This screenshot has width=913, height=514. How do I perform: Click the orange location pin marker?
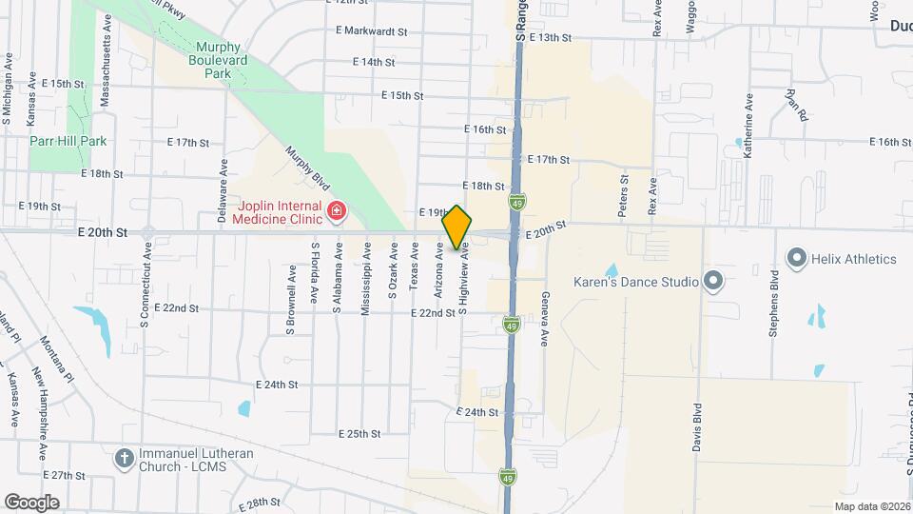click(x=457, y=227)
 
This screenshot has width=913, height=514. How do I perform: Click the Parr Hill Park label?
click(x=67, y=141)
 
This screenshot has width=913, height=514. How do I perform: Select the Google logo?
click(x=31, y=502)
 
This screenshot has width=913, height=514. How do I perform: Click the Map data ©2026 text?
click(x=871, y=506)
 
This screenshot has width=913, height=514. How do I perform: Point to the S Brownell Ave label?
click(x=290, y=300)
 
